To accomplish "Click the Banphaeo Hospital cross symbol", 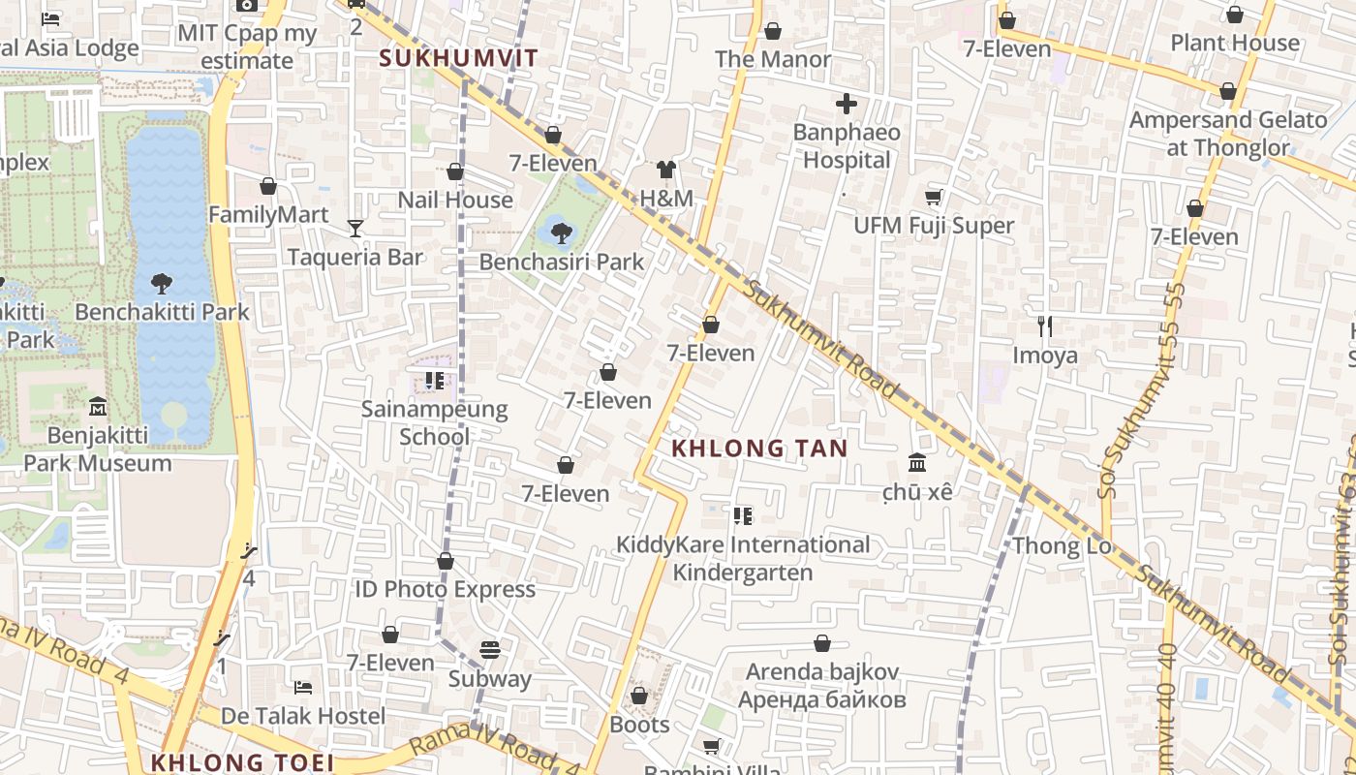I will click(847, 104).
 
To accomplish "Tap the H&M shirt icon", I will click(665, 170).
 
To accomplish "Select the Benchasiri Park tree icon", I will click(561, 232).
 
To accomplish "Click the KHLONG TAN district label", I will click(759, 449).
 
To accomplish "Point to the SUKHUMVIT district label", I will click(458, 58).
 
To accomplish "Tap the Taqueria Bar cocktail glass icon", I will click(355, 229).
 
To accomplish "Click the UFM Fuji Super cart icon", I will click(933, 198).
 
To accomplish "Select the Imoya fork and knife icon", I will click(1045, 326).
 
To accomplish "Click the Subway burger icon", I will click(490, 650).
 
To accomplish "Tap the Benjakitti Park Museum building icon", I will click(97, 406).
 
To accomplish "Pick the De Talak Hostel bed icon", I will click(303, 688).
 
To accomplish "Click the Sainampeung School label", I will click(434, 422).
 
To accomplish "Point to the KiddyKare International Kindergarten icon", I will click(743, 516).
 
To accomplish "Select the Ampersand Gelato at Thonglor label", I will click(1228, 134).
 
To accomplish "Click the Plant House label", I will click(1235, 43).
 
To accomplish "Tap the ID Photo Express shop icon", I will click(446, 561).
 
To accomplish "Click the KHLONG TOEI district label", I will click(242, 762).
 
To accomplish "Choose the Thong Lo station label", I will click(1062, 545).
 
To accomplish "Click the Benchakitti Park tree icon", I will click(162, 284).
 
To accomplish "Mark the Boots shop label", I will click(639, 725).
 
